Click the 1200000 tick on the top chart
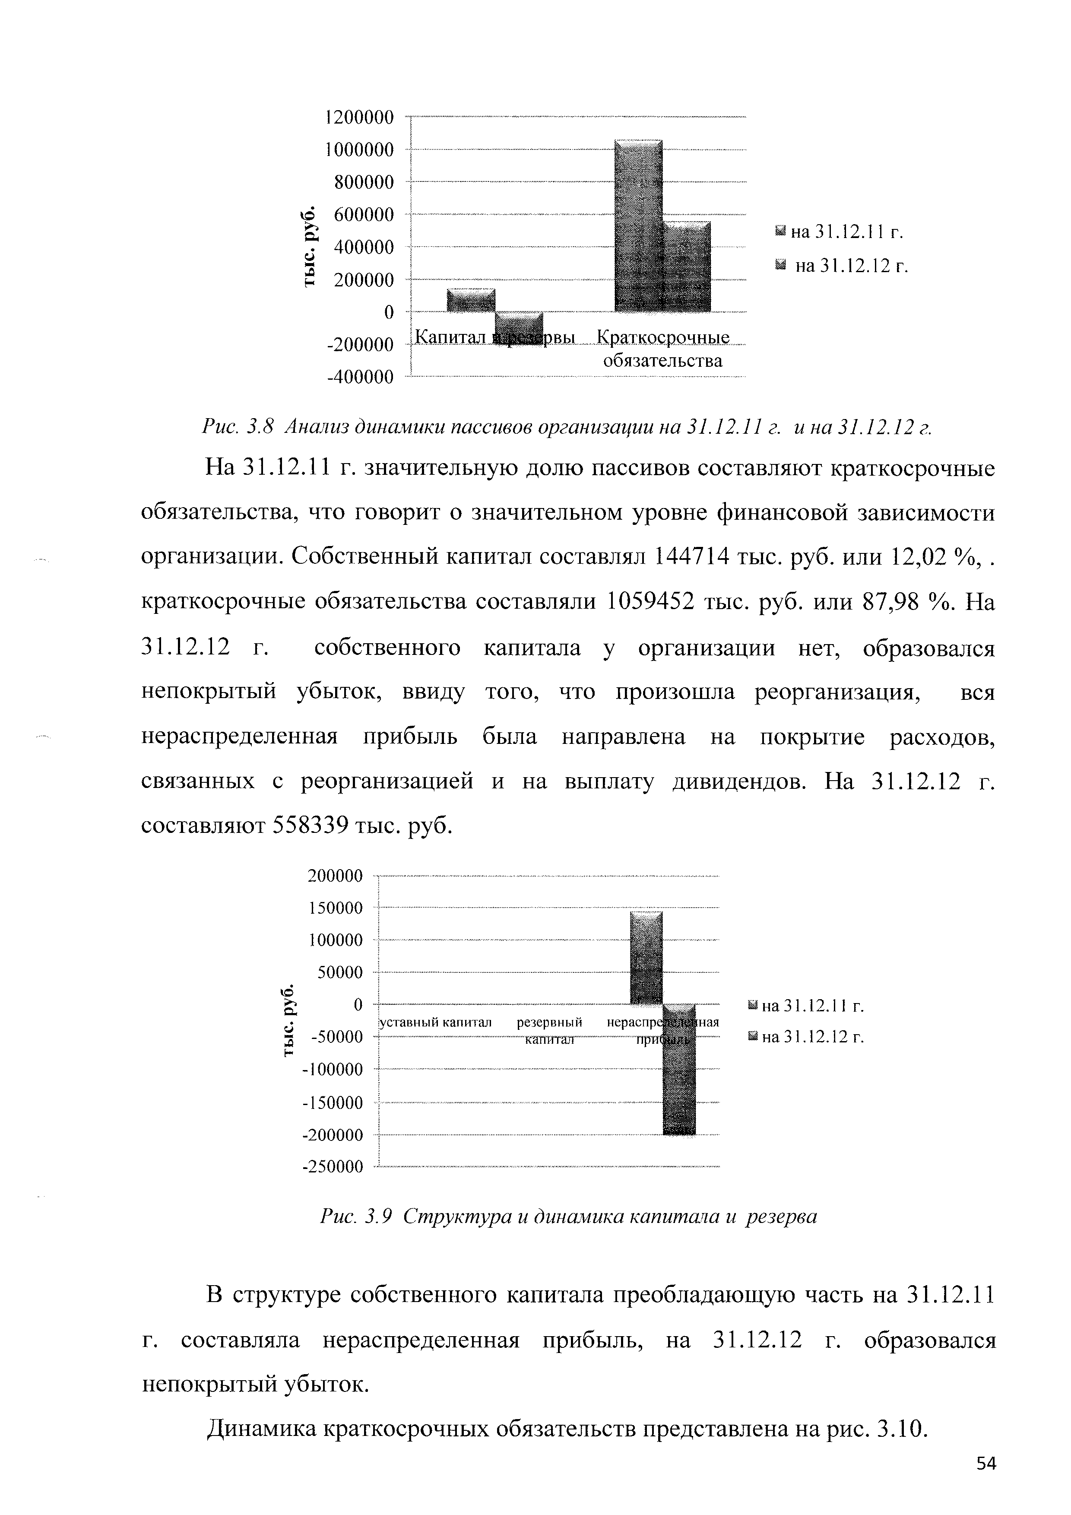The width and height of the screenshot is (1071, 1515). pyautogui.click(x=359, y=118)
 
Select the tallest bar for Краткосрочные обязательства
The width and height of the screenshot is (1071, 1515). pyautogui.click(x=638, y=224)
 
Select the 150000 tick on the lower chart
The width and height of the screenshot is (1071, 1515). pyautogui.click(x=336, y=908)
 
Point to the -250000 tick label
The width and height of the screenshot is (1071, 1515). pyautogui.click(x=333, y=1167)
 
